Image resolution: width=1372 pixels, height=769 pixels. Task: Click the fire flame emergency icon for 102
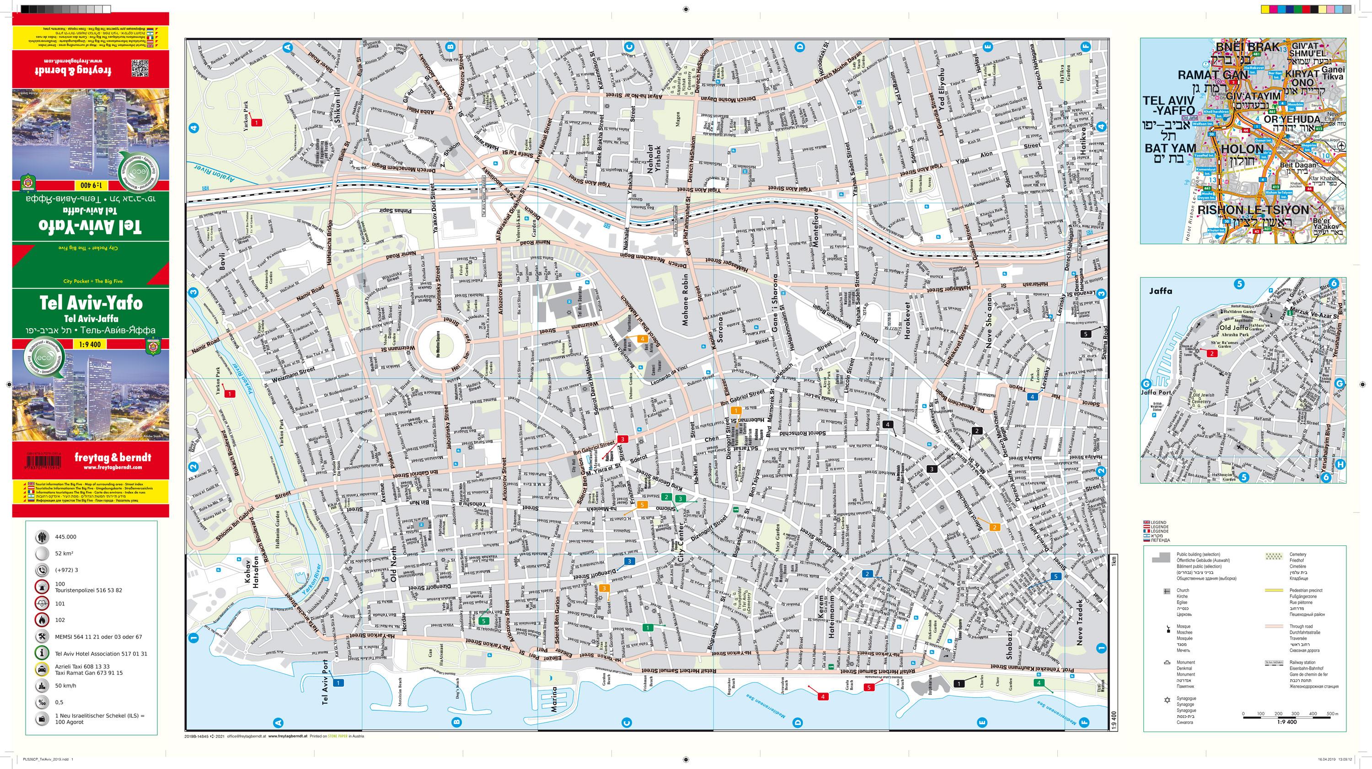pyautogui.click(x=42, y=619)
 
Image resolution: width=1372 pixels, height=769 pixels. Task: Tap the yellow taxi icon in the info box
pyautogui.click(x=42, y=669)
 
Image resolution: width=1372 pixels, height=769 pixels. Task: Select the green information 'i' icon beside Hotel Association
pyautogui.click(x=42, y=653)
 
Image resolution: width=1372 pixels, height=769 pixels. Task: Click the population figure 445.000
pyautogui.click(x=65, y=537)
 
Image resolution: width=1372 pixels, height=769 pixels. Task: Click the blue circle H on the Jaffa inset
pyautogui.click(x=1340, y=465)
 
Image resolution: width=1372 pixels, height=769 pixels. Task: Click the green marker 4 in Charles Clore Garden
pyautogui.click(x=1039, y=683)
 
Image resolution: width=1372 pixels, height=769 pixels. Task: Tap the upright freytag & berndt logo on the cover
pyautogui.click(x=113, y=457)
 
